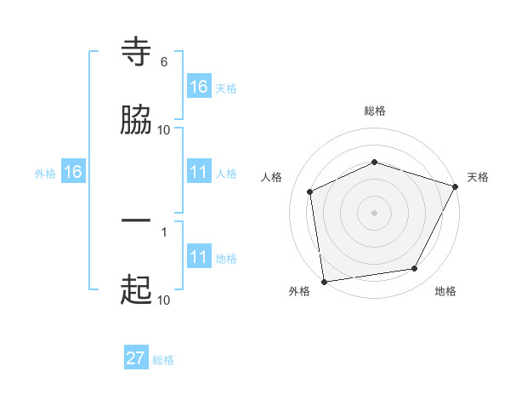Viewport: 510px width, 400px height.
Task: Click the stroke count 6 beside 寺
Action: pos(164,62)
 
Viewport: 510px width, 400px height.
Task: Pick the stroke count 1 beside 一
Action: pos(163,231)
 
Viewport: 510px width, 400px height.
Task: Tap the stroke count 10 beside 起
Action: pos(163,300)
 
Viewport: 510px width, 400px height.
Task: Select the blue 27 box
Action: pos(136,358)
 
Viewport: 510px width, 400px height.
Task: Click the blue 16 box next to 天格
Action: pos(199,86)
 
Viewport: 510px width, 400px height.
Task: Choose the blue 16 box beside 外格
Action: pos(73,172)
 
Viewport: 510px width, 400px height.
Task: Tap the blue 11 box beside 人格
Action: pos(199,172)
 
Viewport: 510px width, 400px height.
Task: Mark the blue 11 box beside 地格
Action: pos(199,257)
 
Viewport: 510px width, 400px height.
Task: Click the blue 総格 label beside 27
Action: pos(164,360)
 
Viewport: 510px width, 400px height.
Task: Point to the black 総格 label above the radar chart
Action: pos(375,111)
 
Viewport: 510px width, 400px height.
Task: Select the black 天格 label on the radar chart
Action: pos(478,177)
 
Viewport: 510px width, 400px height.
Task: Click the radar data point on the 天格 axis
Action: pos(456,186)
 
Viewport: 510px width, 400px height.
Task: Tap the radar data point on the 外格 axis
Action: pos(324,281)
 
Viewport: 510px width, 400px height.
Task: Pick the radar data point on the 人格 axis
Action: pos(310,191)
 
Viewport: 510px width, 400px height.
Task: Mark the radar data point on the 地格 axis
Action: pos(415,268)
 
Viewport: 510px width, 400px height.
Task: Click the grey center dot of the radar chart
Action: pos(375,212)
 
